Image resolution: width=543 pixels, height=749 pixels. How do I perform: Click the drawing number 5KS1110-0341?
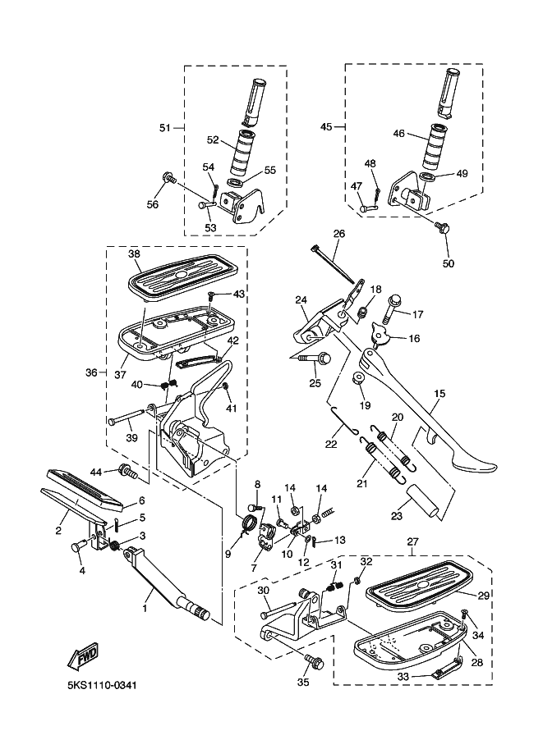[x=103, y=686]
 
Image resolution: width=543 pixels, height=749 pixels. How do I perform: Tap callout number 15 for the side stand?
[x=439, y=394]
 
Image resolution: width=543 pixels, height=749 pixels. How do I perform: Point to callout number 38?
[x=135, y=253]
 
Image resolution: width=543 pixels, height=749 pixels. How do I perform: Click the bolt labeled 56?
[x=170, y=179]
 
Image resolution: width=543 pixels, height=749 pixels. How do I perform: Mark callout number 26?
[x=339, y=234]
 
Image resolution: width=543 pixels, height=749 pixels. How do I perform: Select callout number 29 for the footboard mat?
[x=484, y=595]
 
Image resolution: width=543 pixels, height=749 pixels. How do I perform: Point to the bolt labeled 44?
[x=127, y=472]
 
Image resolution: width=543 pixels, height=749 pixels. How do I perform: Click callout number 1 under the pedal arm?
[x=145, y=609]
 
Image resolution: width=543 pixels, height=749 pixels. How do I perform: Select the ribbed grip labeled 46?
[x=435, y=147]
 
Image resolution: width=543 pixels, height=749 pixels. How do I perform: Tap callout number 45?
[x=326, y=126]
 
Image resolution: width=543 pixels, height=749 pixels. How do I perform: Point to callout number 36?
[x=91, y=372]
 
